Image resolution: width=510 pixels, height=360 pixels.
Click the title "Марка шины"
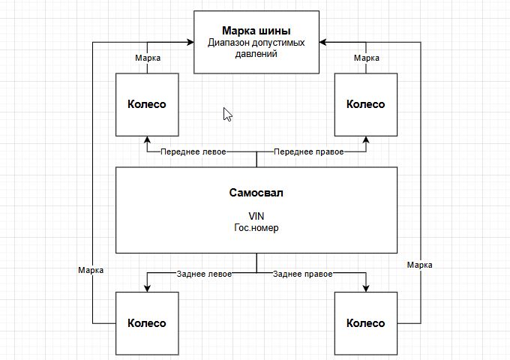(x=256, y=31)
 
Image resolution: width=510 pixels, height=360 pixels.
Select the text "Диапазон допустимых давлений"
(x=256, y=49)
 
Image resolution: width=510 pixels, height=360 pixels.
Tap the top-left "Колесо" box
(x=147, y=104)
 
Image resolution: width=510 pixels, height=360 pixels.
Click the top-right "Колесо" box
(x=366, y=104)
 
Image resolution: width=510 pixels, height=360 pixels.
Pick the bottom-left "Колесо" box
(x=147, y=323)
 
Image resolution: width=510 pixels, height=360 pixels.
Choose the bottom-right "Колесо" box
(x=366, y=323)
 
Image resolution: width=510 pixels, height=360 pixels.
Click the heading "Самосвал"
(x=256, y=193)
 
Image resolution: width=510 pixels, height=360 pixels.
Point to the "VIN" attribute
(x=256, y=215)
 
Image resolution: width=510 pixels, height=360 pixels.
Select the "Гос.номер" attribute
(x=256, y=227)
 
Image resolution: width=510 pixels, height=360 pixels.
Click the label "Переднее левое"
(x=193, y=151)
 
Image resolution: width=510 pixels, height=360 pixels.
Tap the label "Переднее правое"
(x=308, y=151)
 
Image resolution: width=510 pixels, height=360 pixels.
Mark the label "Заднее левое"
(x=204, y=274)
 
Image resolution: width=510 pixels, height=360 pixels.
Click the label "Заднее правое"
(x=304, y=274)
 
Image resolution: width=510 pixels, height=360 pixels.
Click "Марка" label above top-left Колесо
(x=147, y=58)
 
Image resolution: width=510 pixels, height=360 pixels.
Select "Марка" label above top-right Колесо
(x=366, y=58)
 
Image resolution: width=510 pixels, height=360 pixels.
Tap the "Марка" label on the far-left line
(x=91, y=268)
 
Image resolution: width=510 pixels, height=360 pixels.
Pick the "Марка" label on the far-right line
(x=420, y=264)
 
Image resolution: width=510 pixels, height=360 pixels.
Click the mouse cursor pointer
(x=227, y=113)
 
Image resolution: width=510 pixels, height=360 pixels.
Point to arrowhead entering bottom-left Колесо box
(x=147, y=288)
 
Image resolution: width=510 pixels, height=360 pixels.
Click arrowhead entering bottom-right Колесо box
(x=366, y=288)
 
